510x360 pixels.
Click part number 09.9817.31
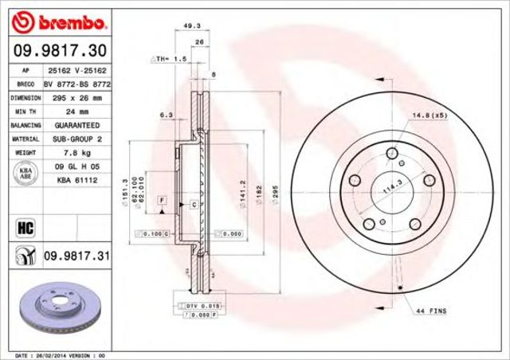pos(76,255)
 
